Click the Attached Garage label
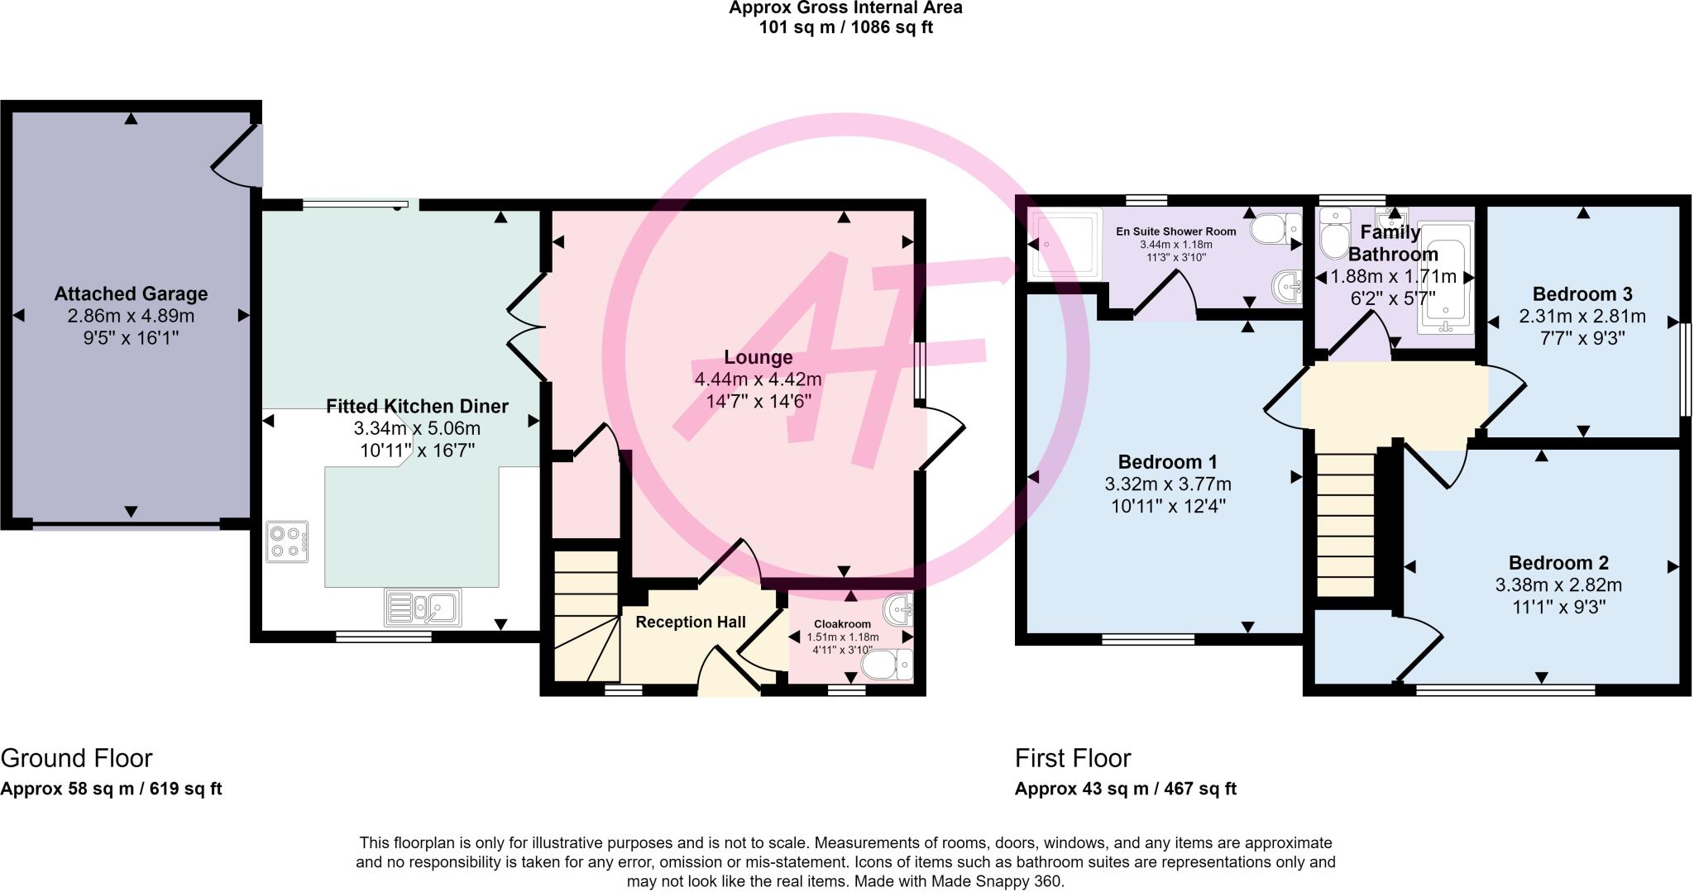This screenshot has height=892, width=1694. (x=131, y=293)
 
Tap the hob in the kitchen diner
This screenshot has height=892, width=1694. (x=287, y=541)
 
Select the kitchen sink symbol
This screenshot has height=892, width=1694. (x=423, y=608)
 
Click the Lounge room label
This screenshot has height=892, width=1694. (x=758, y=357)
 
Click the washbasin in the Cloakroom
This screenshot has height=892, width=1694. (x=898, y=611)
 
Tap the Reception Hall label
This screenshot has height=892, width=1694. (x=691, y=622)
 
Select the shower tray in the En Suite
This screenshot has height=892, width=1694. (x=1065, y=244)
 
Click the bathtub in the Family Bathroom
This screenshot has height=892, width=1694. (x=1445, y=278)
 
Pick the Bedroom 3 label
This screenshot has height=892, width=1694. (x=1582, y=293)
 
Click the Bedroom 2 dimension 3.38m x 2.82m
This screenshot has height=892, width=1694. (x=1558, y=585)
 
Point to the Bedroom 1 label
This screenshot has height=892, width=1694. (x=1167, y=461)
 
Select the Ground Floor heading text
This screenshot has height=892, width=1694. (x=76, y=758)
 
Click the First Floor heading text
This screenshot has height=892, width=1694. (x=1072, y=758)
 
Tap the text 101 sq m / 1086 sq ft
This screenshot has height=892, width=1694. (x=845, y=27)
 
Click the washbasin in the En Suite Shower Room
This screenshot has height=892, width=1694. (x=1287, y=286)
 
